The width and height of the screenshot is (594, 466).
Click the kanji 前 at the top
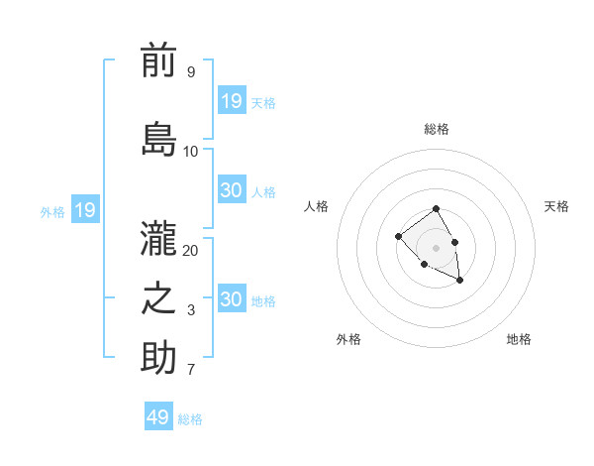(158, 61)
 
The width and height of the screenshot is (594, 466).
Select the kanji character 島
(158, 139)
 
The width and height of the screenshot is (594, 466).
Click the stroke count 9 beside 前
(190, 72)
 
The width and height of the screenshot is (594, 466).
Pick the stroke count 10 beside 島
(191, 152)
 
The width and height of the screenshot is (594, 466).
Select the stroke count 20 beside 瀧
(191, 250)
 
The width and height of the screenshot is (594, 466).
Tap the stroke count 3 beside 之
(190, 310)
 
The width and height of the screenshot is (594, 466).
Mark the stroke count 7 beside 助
(190, 371)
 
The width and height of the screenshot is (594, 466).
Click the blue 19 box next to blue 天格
(232, 100)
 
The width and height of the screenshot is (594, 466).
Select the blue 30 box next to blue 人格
(232, 190)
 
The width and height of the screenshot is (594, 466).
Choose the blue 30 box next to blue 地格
(232, 299)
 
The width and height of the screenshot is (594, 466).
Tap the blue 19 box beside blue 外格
(85, 210)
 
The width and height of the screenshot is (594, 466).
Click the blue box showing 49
(158, 417)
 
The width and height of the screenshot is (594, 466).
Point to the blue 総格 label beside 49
(190, 419)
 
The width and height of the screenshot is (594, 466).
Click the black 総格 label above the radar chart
(436, 129)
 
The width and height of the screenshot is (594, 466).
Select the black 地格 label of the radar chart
(519, 339)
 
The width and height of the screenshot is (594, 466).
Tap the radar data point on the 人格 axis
(398, 236)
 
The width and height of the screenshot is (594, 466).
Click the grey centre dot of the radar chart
(436, 247)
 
